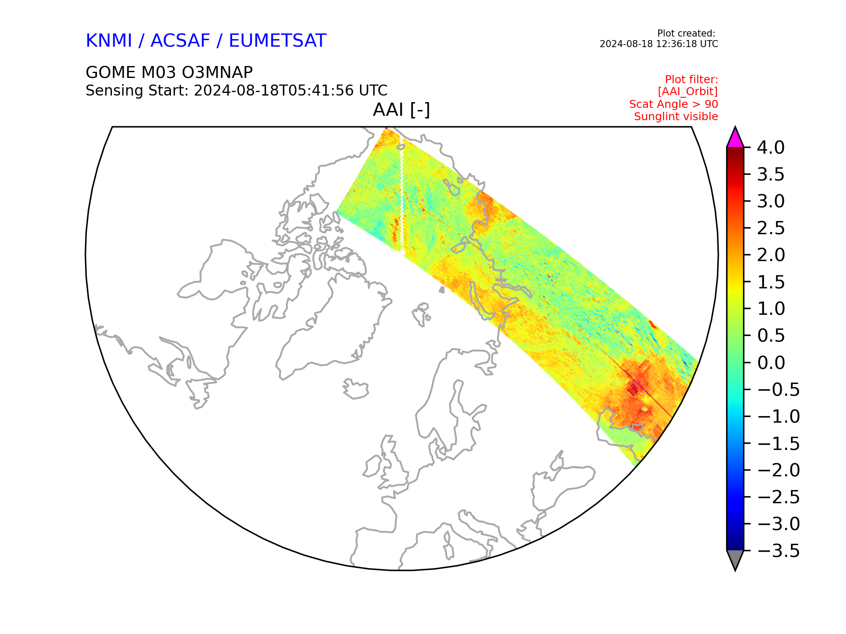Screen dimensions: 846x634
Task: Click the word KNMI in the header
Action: tap(109, 41)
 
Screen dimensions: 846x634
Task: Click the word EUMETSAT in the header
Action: tap(278, 41)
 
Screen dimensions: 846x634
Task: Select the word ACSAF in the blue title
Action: tap(180, 41)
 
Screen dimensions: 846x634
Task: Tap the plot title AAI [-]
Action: tap(401, 110)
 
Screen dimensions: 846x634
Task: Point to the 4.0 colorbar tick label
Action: tap(771, 147)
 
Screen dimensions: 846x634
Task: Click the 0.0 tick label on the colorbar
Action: tap(771, 363)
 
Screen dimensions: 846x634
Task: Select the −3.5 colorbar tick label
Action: tap(778, 551)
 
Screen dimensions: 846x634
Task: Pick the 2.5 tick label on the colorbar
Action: tap(771, 228)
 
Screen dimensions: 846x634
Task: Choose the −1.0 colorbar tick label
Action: tap(778, 417)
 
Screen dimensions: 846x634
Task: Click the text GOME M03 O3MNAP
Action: tap(169, 72)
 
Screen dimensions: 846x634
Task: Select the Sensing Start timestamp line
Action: tap(237, 90)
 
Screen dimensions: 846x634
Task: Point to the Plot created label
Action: tap(686, 33)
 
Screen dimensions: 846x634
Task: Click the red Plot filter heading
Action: tap(691, 80)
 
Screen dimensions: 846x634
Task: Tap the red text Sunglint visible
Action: tap(676, 117)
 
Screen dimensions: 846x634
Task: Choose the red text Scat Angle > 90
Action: tap(674, 104)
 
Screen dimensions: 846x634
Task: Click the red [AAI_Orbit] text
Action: tap(688, 92)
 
